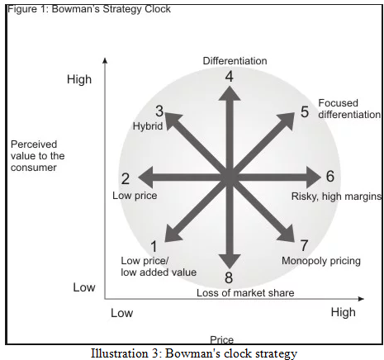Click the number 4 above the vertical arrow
[229, 77]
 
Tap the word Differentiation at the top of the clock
[235, 61]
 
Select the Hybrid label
[148, 126]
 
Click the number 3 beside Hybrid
[159, 111]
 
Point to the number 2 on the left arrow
[126, 179]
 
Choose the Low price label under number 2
[135, 196]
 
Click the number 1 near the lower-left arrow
[154, 246]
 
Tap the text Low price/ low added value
[159, 267]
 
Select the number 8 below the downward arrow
[229, 278]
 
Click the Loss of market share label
[245, 293]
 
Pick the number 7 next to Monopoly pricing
[304, 245]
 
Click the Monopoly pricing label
[321, 261]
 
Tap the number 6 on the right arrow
[330, 176]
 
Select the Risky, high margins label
[336, 197]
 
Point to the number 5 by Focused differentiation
[305, 111]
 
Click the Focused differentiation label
[349, 109]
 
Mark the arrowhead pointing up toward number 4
[230, 93]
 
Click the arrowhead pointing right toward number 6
[314, 178]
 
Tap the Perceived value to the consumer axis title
[38, 156]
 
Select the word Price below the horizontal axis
[222, 340]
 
